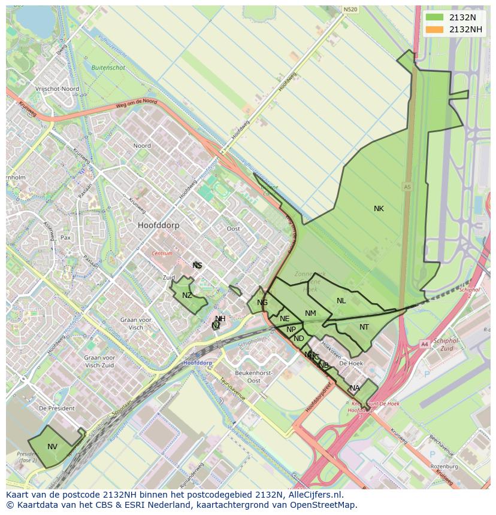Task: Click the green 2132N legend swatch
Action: coord(435,17)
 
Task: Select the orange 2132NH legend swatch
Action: coord(435,29)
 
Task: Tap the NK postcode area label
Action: coord(379,209)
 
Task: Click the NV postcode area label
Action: coord(53,447)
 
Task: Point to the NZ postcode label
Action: coord(187,295)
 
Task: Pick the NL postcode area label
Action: coord(341,301)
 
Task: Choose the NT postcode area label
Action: coord(364,327)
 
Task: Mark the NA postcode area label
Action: coord(355,388)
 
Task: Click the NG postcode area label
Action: coord(262,303)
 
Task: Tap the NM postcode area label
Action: coord(310,313)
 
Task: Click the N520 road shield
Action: coord(350,10)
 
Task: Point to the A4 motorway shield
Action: coord(424,344)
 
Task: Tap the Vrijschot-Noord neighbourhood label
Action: coord(57,89)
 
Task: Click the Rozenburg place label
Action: coord(444,466)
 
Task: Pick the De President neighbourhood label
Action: coord(57,408)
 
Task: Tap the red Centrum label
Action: coord(162,254)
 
